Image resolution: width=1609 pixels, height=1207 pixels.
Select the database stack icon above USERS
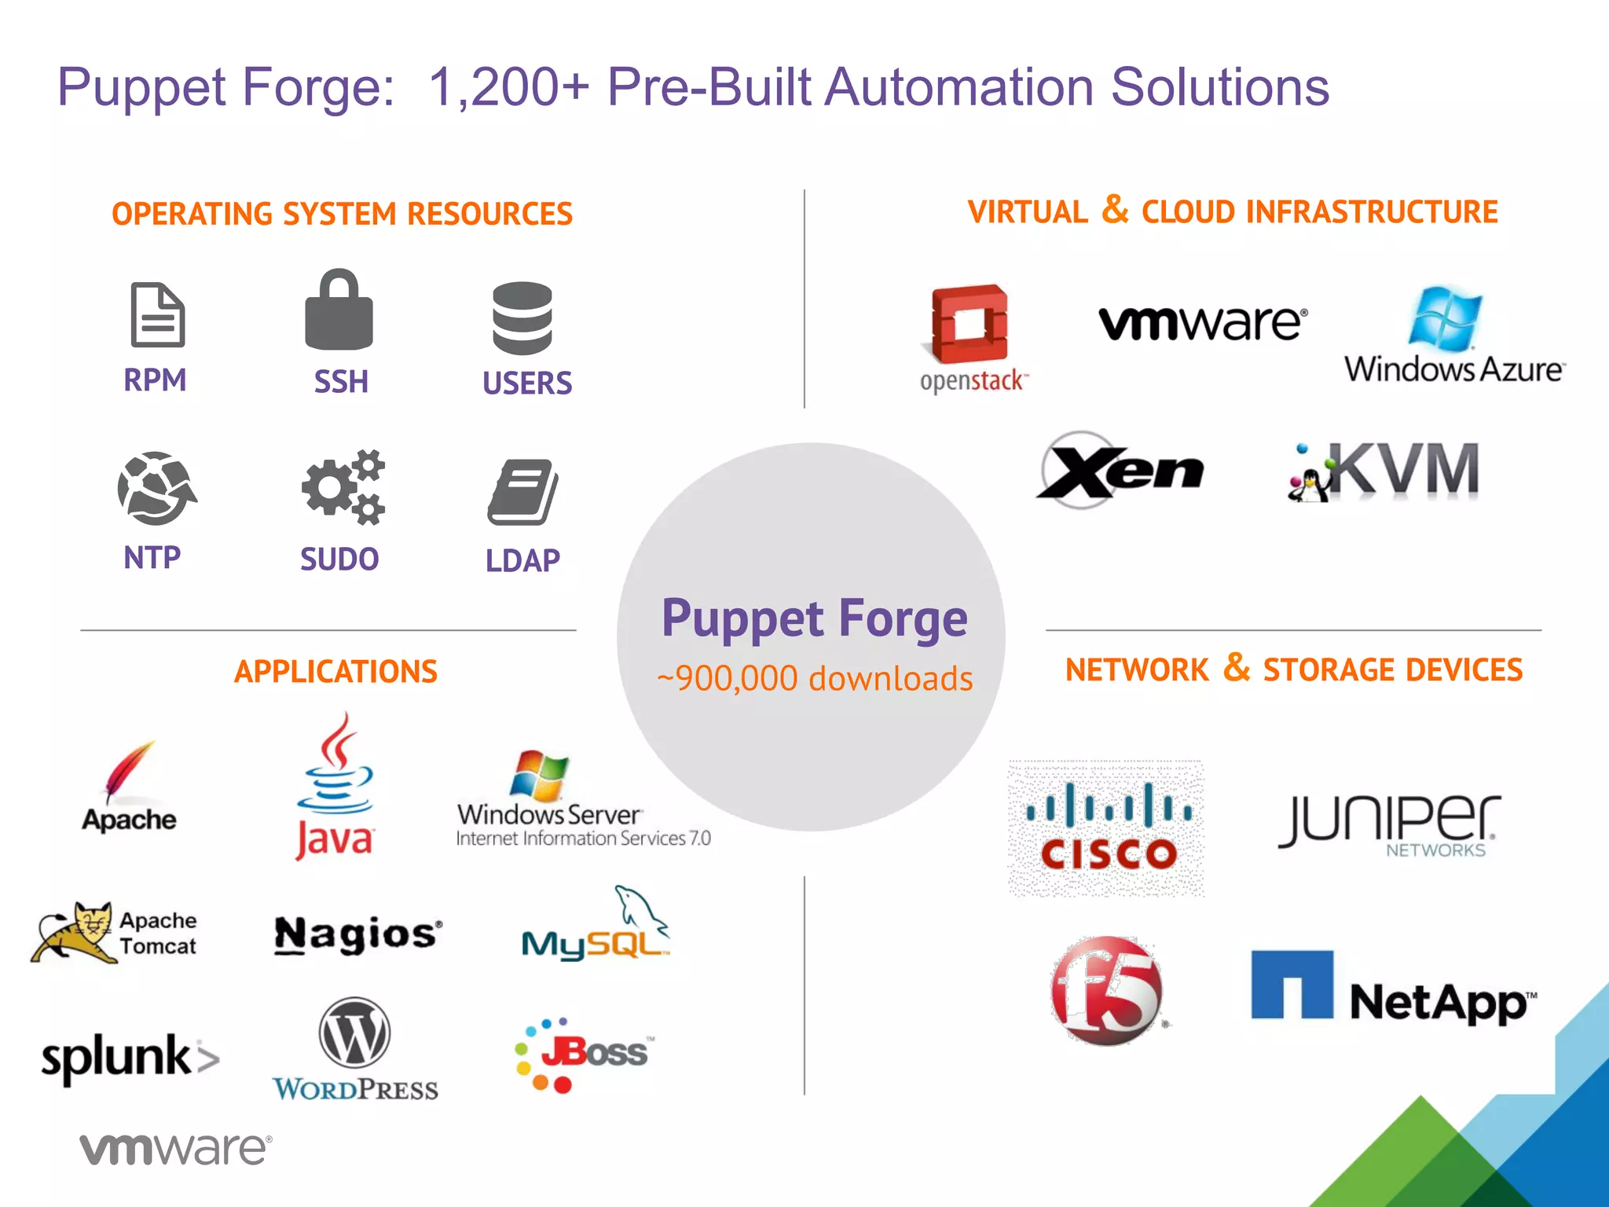pos(522,318)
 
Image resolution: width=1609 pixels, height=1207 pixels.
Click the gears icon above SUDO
pos(343,487)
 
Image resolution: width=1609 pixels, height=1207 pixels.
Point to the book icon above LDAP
pos(522,492)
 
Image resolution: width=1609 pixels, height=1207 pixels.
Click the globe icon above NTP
pos(156,488)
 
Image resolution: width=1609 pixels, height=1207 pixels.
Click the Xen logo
pos(1120,470)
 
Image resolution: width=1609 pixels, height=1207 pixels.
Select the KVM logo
pos(1384,471)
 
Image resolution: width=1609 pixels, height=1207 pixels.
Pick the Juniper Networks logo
pos(1390,824)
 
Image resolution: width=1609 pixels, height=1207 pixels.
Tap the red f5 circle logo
pos(1107,990)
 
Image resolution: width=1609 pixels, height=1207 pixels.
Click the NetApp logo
pos(1393,989)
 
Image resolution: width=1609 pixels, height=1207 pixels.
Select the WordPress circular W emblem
pos(354,1033)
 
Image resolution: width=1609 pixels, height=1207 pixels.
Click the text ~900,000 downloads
pos(815,678)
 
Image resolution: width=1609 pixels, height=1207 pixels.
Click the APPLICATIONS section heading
pos(335,671)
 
